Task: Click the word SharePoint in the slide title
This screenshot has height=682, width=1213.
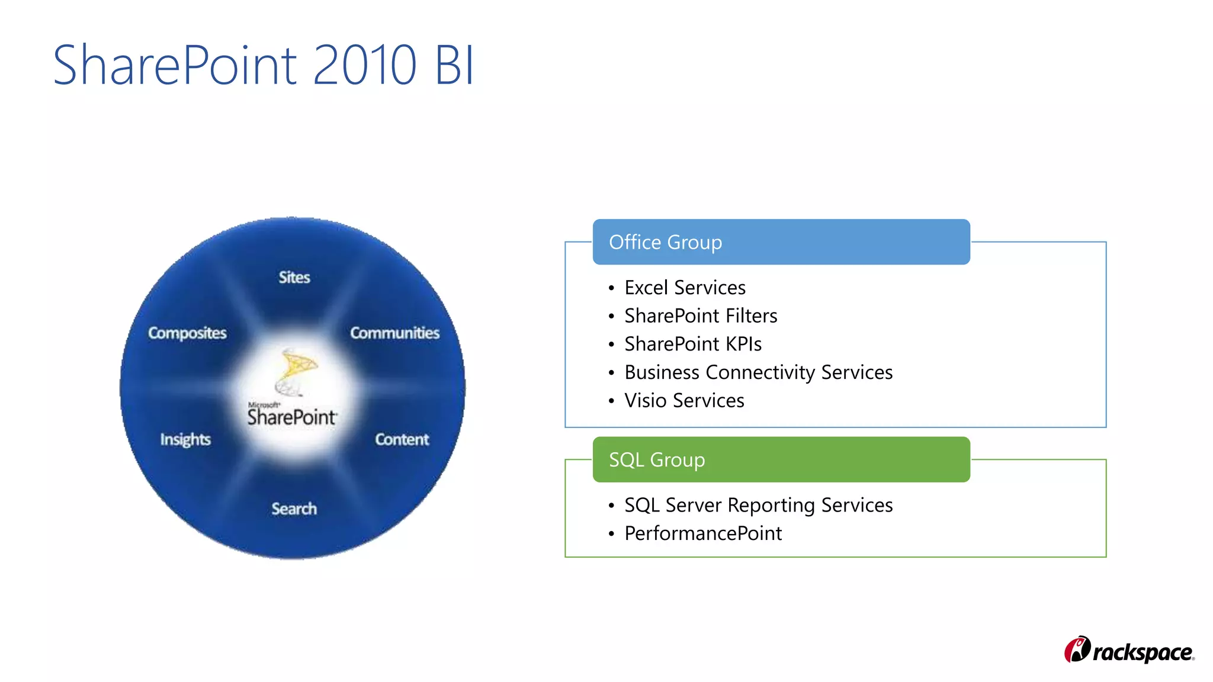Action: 175,65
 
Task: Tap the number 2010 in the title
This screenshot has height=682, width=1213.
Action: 364,65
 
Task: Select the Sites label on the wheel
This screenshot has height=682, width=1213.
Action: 294,277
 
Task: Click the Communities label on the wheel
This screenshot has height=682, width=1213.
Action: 394,333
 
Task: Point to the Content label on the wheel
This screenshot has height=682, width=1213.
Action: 402,439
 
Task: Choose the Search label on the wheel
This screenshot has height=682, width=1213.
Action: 294,509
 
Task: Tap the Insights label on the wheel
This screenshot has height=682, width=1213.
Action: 185,439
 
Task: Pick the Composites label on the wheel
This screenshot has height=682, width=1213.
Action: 187,333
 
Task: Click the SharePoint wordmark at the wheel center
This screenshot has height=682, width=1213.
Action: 292,417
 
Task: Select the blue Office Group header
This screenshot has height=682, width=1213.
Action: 781,242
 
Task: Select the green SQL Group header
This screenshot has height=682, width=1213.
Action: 781,459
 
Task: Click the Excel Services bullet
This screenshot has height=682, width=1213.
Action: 685,288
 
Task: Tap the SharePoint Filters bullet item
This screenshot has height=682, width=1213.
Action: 701,316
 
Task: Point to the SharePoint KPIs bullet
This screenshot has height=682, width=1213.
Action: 693,344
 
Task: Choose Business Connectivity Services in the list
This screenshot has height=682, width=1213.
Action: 758,372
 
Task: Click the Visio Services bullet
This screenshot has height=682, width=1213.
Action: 684,401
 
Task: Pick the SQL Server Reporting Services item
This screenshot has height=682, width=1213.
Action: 758,505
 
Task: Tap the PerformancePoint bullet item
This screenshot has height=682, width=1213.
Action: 703,533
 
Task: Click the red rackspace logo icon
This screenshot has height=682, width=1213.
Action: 1077,649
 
